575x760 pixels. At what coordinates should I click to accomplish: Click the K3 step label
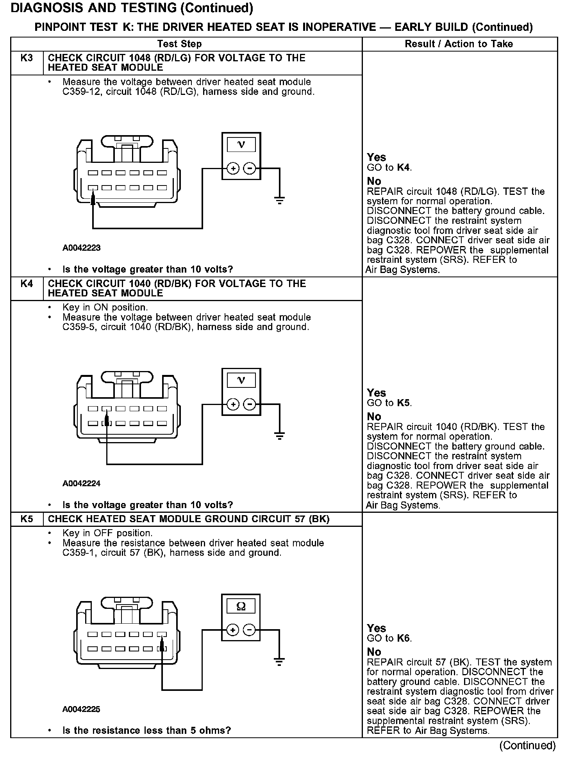point(27,58)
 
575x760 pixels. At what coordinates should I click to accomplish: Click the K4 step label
point(27,284)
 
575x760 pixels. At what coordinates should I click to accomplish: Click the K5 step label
point(27,519)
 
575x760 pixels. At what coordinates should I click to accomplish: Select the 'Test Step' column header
point(179,44)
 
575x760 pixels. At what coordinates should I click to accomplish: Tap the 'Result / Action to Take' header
point(459,44)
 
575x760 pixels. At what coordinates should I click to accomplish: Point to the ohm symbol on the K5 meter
point(241,607)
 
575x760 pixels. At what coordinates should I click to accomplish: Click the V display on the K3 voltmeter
point(241,145)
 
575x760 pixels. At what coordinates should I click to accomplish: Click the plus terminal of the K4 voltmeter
point(233,404)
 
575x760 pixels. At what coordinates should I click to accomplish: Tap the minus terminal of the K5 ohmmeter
point(249,630)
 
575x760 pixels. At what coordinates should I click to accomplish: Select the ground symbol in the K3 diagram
point(279,201)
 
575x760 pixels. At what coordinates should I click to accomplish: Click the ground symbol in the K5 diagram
point(279,662)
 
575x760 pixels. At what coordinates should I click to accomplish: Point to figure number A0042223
point(81,248)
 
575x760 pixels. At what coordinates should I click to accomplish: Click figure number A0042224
point(81,483)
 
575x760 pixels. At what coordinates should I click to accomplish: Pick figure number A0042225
point(81,709)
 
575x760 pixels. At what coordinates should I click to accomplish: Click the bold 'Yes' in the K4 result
point(376,393)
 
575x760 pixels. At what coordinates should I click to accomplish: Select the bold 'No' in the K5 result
point(374,652)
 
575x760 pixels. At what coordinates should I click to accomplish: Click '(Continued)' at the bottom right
point(527,746)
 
